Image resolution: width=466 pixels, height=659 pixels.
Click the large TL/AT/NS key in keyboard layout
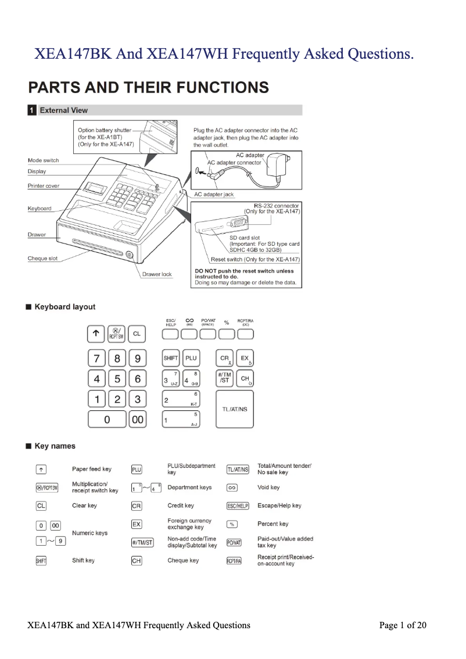tap(235, 409)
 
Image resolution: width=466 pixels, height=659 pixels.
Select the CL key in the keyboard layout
tap(137, 334)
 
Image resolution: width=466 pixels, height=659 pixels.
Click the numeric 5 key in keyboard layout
tap(117, 379)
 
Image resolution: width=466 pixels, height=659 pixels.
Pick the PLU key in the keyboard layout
tap(191, 359)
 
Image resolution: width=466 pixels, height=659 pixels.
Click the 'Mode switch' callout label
tap(43, 160)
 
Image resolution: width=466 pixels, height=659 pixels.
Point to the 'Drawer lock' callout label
tap(157, 274)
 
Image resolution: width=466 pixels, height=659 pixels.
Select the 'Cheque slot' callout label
tap(42, 259)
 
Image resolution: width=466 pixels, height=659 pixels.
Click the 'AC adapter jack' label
tap(214, 194)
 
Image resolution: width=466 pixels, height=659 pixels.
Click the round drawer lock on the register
tap(129, 255)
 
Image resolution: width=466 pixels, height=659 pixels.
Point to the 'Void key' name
tap(268, 488)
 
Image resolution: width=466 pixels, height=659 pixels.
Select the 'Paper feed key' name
tap(91, 469)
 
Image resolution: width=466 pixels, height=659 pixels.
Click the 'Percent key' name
tap(273, 524)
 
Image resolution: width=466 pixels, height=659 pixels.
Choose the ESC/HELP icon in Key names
tap(237, 506)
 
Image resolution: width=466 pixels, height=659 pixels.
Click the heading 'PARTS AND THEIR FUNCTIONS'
tap(148, 88)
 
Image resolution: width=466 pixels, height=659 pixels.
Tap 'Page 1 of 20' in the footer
tap(403, 625)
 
